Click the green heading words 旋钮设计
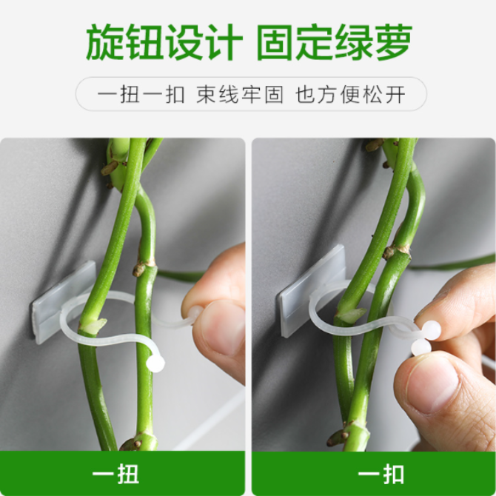coord(164,42)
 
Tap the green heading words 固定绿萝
coord(335,42)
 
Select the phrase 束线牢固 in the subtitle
coord(240,95)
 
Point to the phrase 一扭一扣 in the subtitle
coord(141,95)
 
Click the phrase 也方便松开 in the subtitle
coord(350,95)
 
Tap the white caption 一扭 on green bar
coord(115,474)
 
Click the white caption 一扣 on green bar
coord(381,474)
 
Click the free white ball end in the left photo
coord(155,363)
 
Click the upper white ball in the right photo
coord(431,330)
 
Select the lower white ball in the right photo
coord(421,348)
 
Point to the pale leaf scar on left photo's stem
coord(95,326)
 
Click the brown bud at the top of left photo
coord(109,167)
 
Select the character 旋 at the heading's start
coord(104,42)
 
